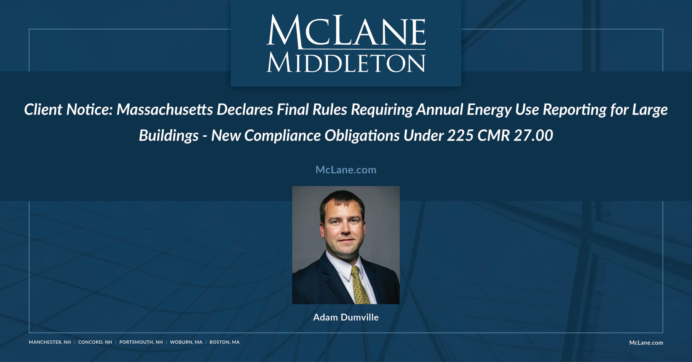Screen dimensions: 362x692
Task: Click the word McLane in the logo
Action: click(346, 32)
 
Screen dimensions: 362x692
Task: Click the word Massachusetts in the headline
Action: click(165, 110)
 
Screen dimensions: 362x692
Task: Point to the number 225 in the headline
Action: click(460, 135)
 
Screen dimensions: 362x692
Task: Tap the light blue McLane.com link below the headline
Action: click(346, 170)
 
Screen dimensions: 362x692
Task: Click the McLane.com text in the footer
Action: click(646, 343)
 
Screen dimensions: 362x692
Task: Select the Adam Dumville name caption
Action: click(346, 317)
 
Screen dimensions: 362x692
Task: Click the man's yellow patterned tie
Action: click(360, 286)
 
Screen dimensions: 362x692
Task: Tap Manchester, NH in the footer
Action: click(50, 342)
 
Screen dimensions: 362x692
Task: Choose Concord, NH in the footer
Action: click(95, 342)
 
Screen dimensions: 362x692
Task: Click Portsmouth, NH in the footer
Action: click(141, 342)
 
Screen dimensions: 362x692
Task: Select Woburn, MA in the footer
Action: click(186, 342)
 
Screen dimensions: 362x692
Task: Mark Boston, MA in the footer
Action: click(224, 342)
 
